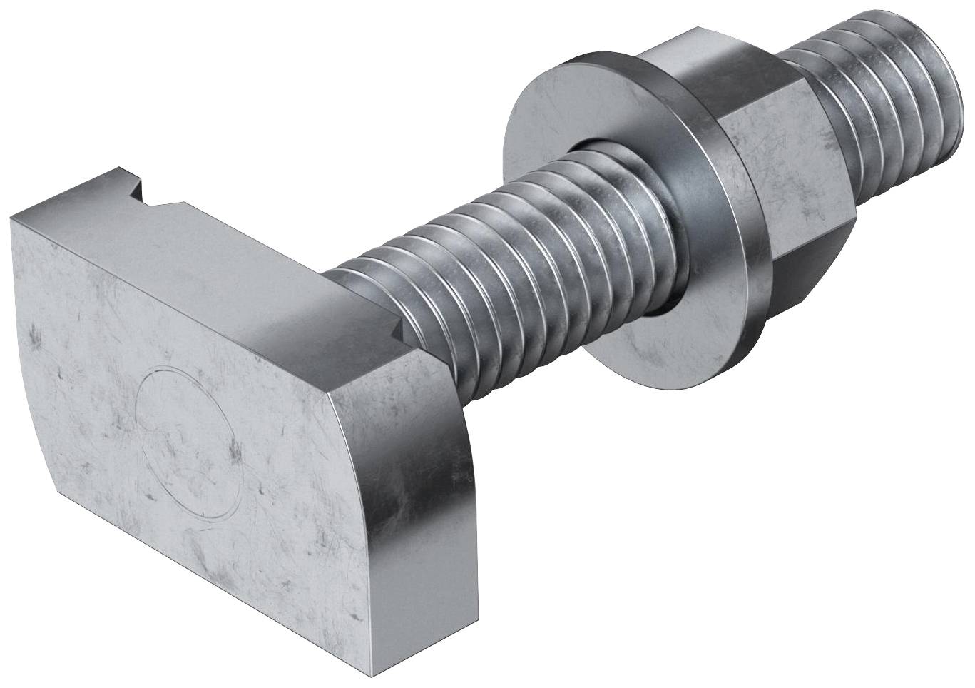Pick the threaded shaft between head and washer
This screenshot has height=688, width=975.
click(499, 250)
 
